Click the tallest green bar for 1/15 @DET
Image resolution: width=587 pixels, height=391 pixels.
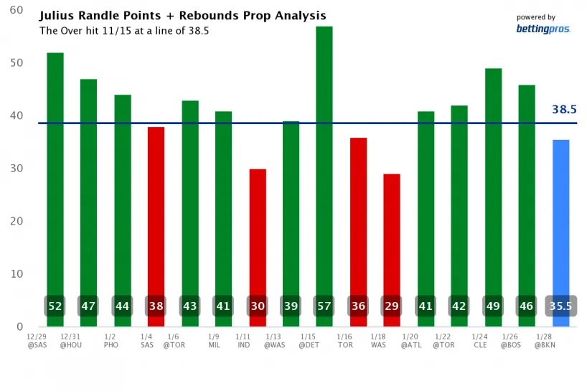324,158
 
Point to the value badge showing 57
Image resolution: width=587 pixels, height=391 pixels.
324,306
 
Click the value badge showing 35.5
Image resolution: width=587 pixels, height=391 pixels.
560,306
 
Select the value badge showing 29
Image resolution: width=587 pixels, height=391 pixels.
392,306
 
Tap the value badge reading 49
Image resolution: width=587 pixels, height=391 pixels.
493,306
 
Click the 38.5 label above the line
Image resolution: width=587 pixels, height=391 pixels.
565,110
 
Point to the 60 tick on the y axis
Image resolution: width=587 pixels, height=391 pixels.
16,11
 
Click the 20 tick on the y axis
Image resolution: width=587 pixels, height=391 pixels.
16,221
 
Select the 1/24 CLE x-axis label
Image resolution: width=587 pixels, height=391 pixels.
480,341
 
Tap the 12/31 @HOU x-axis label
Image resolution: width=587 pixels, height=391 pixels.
71,341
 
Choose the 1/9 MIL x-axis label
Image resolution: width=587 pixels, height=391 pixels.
214,341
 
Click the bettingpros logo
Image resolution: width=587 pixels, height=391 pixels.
543,29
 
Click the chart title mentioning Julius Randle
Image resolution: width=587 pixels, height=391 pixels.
182,16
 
